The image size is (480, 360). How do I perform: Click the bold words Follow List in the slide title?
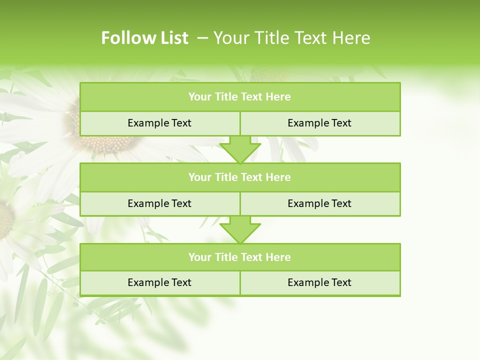coord(144,38)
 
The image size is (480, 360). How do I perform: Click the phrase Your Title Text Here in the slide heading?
coord(291,38)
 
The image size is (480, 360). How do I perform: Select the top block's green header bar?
coord(240,97)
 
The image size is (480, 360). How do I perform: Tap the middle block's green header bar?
coord(240,177)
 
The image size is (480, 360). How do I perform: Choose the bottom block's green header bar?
coord(240,257)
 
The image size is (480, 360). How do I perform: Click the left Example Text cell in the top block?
coord(159,123)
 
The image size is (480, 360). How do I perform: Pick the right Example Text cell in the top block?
coord(319,123)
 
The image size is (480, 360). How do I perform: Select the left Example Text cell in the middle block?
coord(159,203)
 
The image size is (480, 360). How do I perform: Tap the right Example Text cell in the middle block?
coord(319,203)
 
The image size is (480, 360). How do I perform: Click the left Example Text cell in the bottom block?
coord(159,282)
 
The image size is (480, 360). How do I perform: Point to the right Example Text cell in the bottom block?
coord(319,282)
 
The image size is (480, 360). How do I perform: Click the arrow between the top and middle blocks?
coord(240,149)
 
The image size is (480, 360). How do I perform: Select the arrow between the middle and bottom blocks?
coord(240,229)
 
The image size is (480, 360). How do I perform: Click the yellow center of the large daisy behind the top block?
coord(102,142)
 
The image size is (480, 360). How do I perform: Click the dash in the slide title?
coord(202,38)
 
